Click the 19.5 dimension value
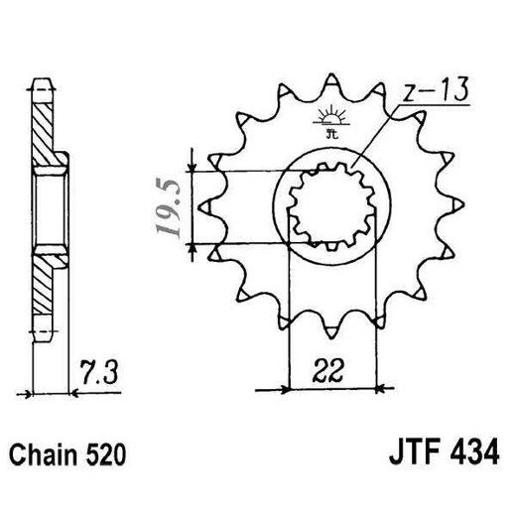[x=170, y=207]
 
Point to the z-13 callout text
[x=435, y=89]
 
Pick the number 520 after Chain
[x=106, y=454]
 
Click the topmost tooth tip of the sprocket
[x=330, y=74]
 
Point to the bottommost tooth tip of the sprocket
[x=330, y=337]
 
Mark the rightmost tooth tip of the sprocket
[x=463, y=205]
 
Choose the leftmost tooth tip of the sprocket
[x=199, y=207]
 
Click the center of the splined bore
[x=331, y=205]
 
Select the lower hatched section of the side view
[x=43, y=285]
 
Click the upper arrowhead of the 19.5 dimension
[x=192, y=167]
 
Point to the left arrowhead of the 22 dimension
[x=284, y=389]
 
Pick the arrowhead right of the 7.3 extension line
[x=74, y=393]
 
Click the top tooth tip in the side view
[x=43, y=79]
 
